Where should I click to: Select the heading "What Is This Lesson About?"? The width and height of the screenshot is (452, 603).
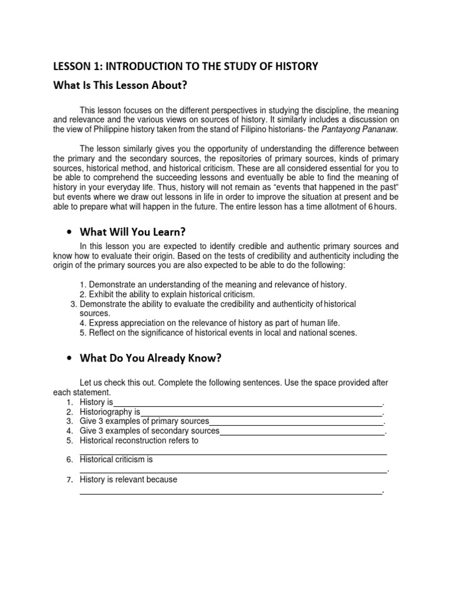120,86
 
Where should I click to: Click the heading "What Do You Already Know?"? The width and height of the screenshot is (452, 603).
151,357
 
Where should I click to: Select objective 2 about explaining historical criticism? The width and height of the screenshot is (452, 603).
167,294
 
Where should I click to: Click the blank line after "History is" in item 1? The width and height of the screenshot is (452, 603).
247,402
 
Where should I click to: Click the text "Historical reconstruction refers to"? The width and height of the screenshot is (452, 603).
139,440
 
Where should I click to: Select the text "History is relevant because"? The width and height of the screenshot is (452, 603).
128,479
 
